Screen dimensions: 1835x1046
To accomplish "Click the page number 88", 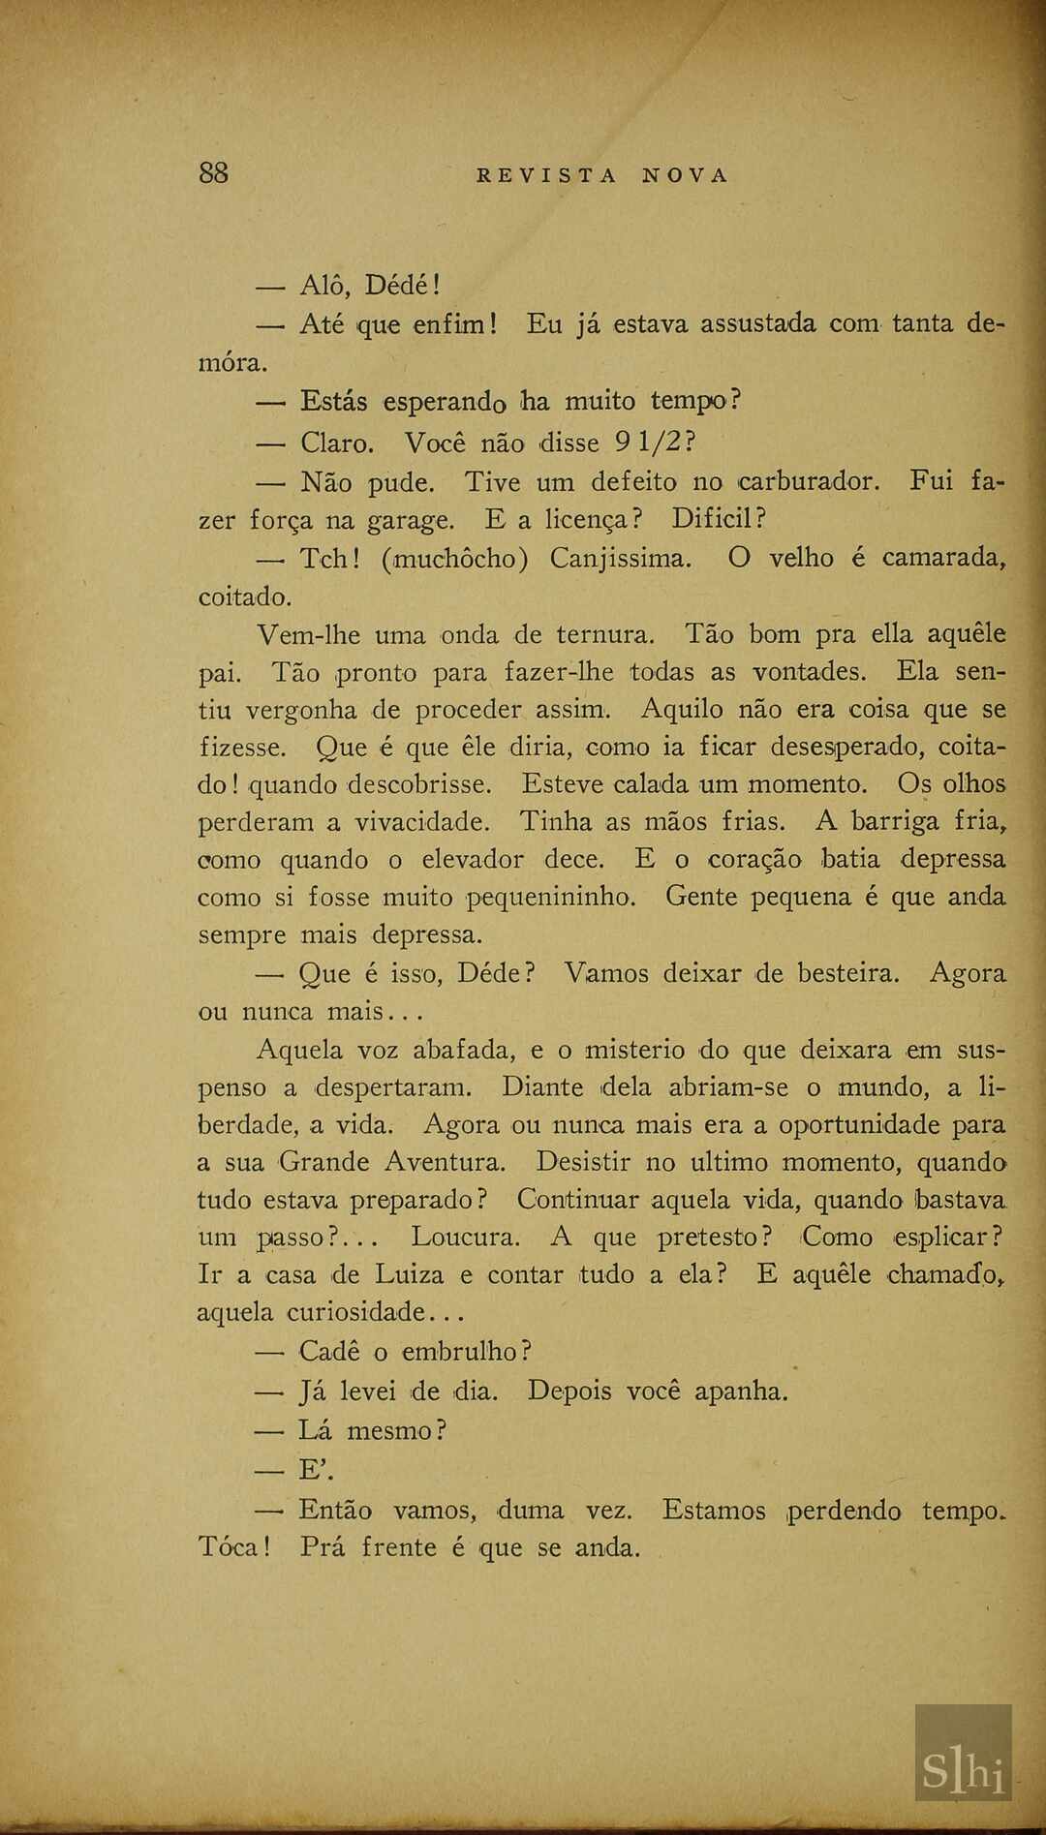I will (213, 173).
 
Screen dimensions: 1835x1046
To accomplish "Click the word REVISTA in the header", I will (546, 175).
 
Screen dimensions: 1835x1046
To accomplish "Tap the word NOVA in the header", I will (684, 175).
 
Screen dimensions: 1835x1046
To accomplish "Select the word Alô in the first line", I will (324, 286).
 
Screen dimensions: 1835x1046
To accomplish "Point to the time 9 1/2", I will (654, 443).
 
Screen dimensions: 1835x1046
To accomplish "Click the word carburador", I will (809, 481).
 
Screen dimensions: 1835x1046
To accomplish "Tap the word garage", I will (410, 521).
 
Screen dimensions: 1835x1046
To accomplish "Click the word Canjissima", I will (621, 559).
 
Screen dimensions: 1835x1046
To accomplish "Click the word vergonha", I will (300, 710).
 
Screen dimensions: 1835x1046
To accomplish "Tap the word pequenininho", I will (551, 898).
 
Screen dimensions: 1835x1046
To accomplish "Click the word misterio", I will (635, 1050).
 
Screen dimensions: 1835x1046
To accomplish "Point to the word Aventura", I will (445, 1162).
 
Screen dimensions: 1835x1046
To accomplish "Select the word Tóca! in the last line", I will (233, 1546).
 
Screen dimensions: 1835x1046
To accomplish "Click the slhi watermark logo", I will (963, 1767).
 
